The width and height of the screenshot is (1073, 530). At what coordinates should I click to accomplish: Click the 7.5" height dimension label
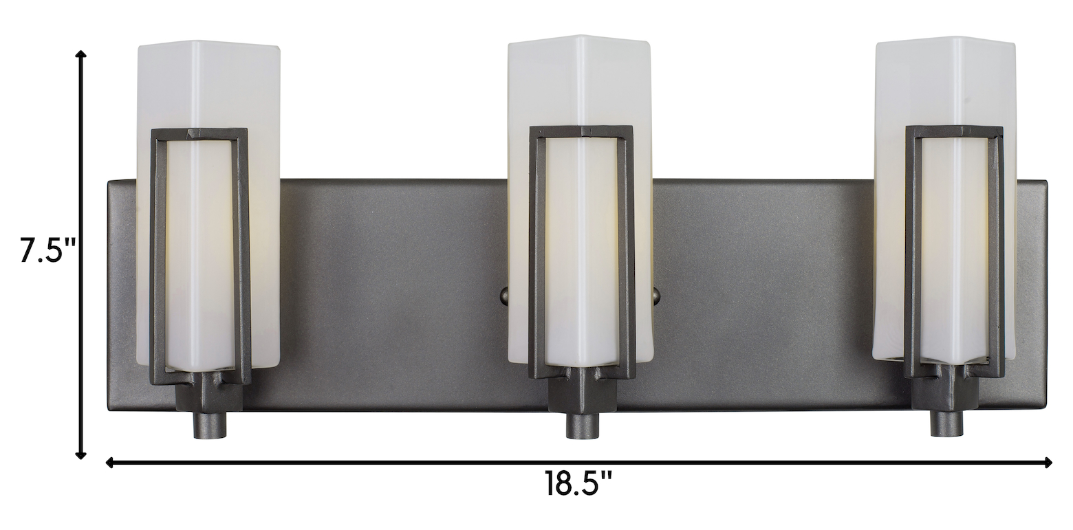(48, 250)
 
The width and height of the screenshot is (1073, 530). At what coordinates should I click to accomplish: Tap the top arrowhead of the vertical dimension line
(82, 54)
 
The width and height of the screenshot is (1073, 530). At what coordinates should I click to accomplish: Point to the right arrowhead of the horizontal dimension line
(1048, 463)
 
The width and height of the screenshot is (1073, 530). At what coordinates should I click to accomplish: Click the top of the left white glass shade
(208, 45)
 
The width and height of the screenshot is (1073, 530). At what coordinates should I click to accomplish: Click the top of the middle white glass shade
(578, 41)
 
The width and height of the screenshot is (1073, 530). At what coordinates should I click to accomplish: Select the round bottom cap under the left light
(210, 425)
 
